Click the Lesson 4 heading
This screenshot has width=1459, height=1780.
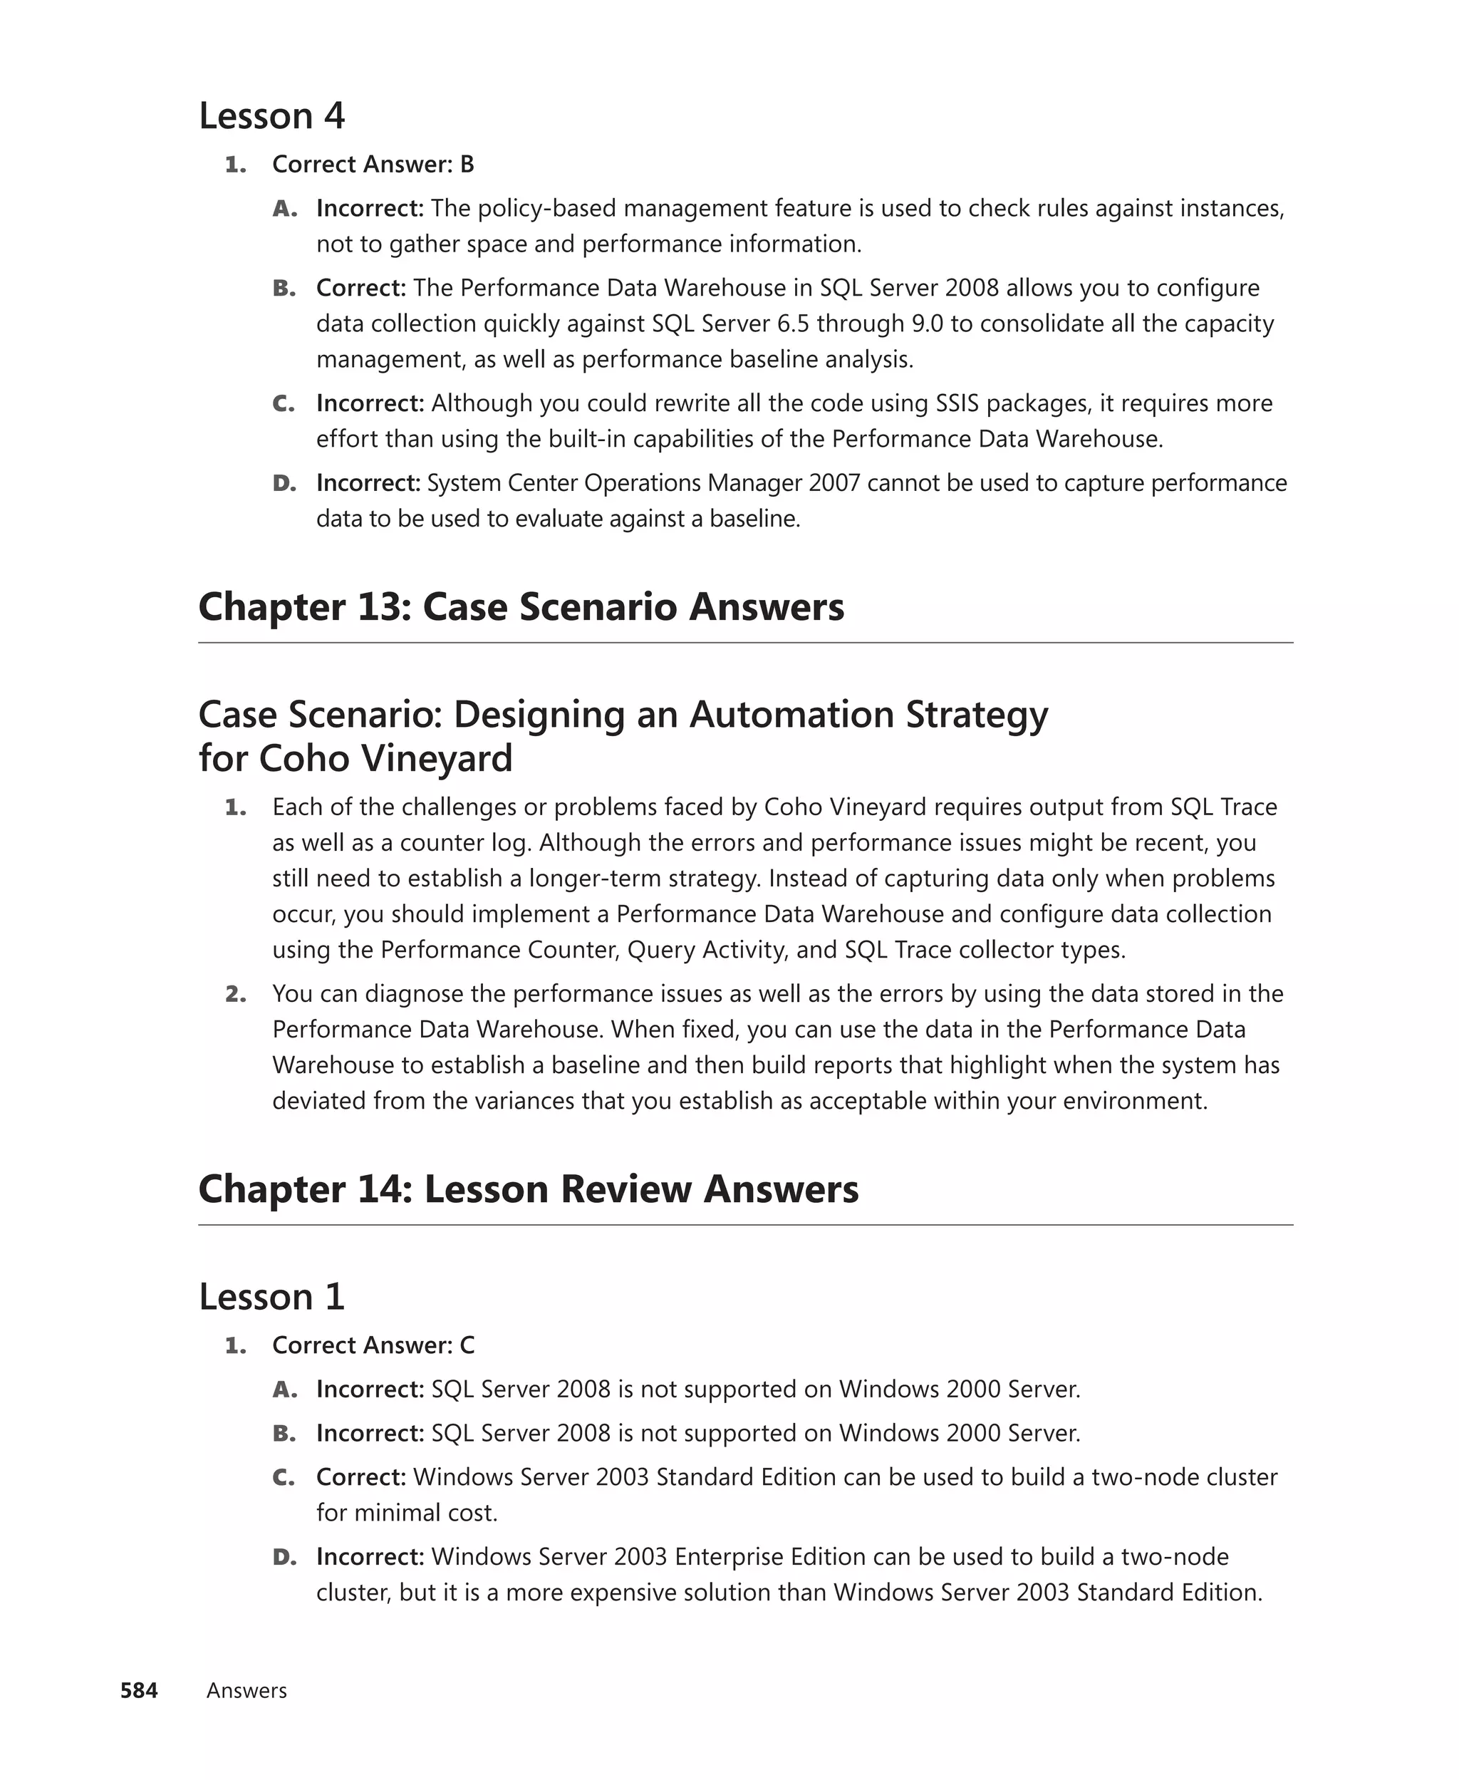pos(271,116)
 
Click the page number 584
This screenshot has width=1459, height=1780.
pos(139,1690)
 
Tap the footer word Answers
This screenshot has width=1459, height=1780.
pos(246,1690)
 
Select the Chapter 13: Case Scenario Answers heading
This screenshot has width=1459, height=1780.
pos(521,607)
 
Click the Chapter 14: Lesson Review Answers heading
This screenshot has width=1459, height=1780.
pos(528,1189)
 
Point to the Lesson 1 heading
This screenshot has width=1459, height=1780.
pos(271,1297)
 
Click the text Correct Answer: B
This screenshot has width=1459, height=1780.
pos(373,165)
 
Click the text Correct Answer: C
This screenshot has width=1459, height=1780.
pos(373,1345)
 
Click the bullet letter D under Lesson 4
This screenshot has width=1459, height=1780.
pos(284,483)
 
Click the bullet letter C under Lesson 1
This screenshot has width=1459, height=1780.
pos(284,1477)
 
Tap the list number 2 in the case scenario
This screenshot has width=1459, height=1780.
pos(235,994)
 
